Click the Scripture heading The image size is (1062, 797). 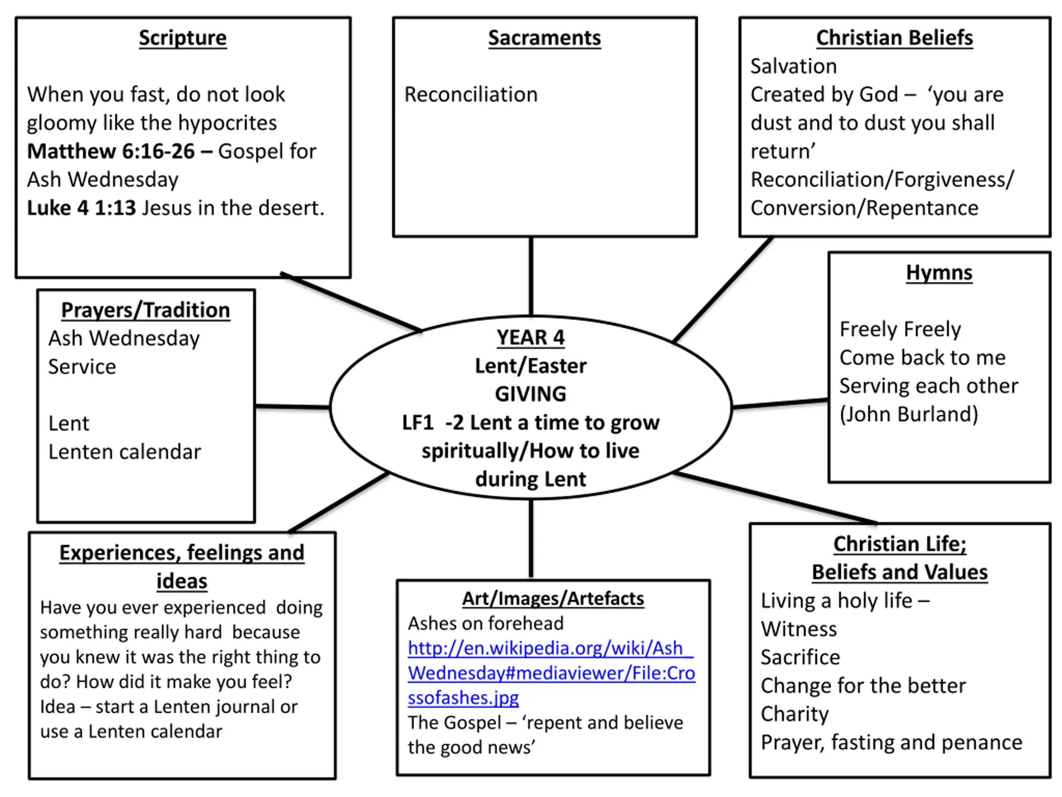183,38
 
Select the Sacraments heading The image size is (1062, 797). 544,38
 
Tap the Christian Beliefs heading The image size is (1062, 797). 894,38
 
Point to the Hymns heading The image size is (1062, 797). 939,272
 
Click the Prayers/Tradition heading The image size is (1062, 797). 146,310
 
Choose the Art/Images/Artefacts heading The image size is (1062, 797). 553,599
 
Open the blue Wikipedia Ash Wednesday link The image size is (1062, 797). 551,672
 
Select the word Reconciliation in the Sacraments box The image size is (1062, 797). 471,95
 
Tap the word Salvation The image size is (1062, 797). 794,66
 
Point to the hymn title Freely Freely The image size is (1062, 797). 900,330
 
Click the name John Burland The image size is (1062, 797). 909,414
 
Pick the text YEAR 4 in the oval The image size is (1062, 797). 531,337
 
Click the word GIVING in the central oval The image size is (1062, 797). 531,394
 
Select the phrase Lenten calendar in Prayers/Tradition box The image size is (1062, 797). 124,452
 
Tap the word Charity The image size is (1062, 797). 794,714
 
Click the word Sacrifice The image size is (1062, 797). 800,657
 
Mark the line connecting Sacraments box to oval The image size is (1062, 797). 531,276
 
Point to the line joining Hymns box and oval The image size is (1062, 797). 780,403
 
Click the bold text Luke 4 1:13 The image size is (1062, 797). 81,208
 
